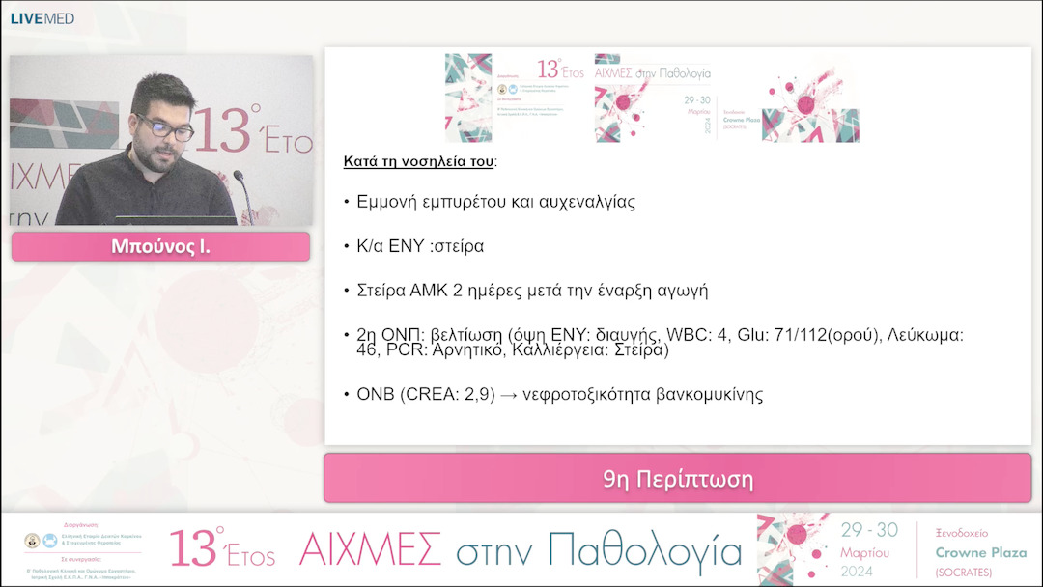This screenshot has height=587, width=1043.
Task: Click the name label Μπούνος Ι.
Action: point(160,246)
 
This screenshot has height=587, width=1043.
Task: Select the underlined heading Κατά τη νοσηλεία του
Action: point(418,161)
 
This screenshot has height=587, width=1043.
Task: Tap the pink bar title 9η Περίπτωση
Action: point(677,479)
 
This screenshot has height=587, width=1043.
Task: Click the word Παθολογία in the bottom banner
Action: point(644,550)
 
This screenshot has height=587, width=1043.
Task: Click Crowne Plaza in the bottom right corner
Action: point(980,552)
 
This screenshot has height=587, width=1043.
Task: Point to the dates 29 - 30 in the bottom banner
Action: point(869,530)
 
